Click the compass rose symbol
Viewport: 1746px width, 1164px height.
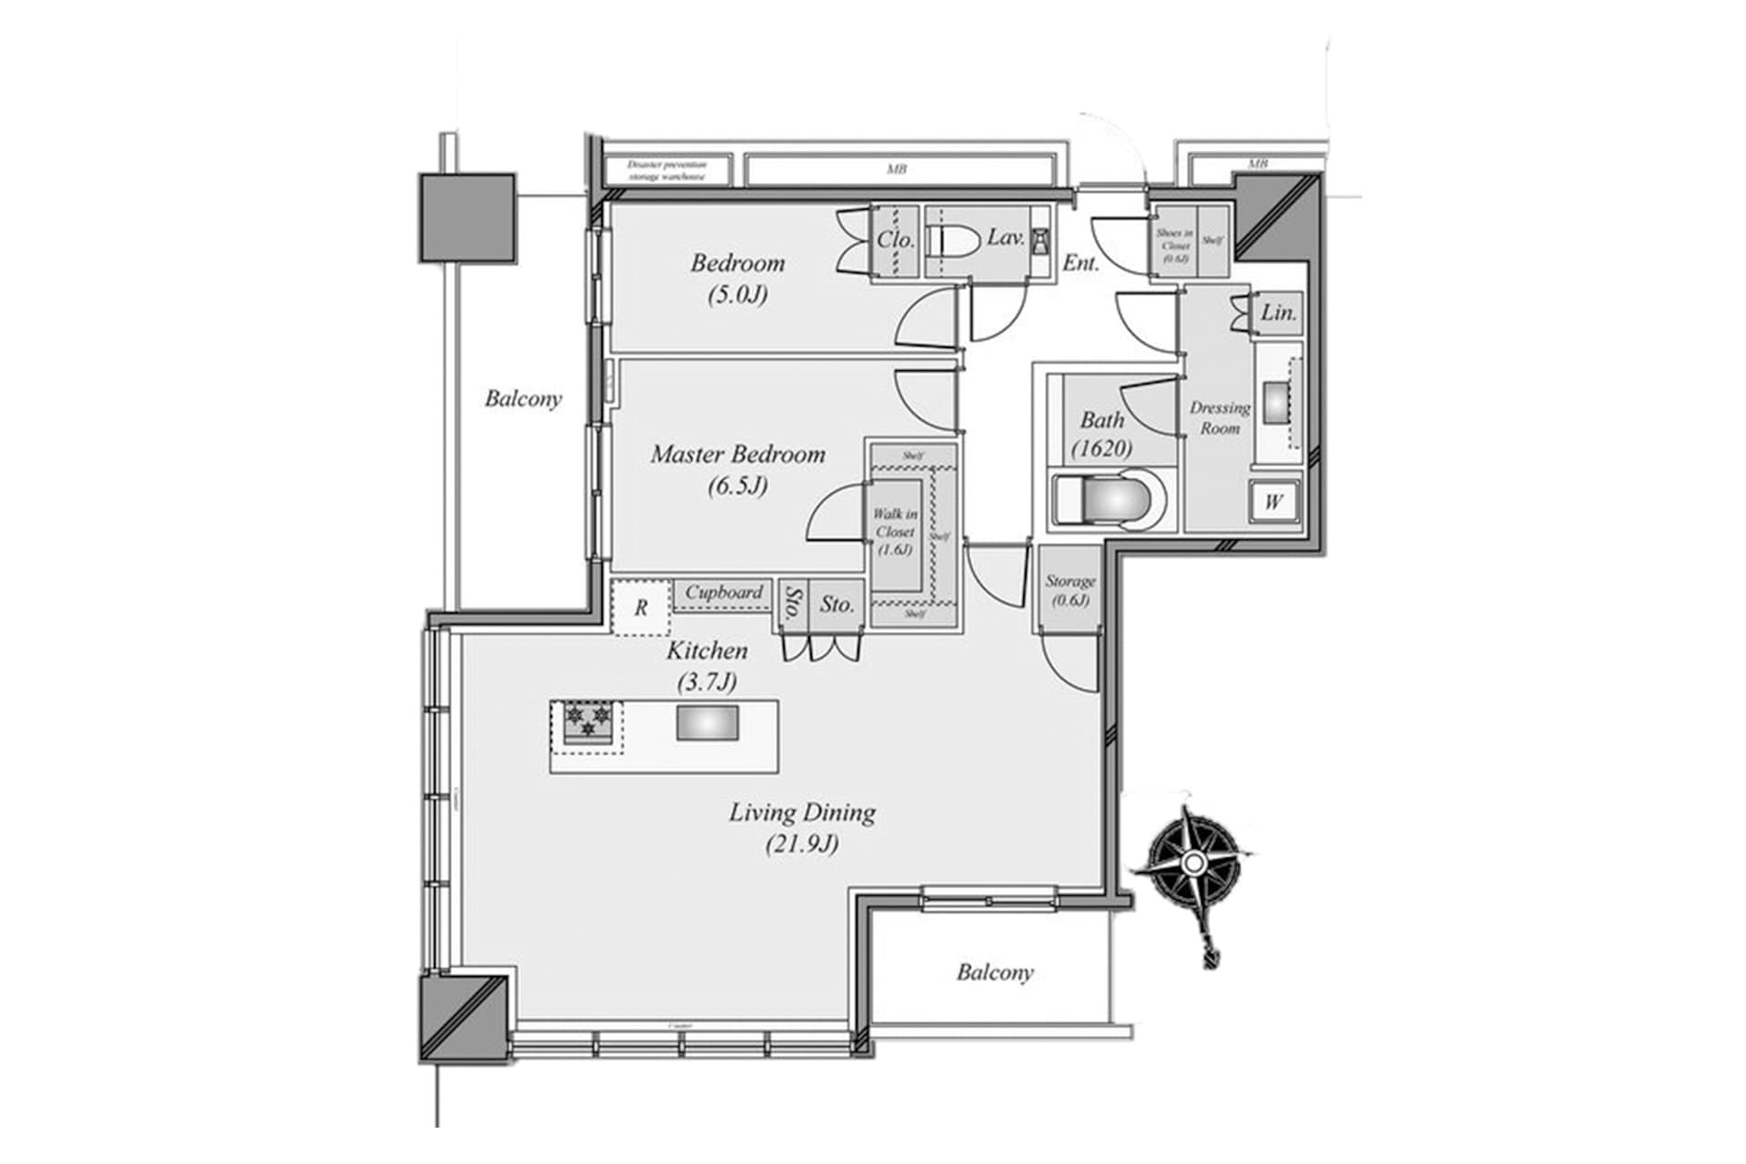(x=1194, y=861)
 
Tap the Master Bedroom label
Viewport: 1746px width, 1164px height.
(x=738, y=454)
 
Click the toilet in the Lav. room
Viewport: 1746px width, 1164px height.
(x=951, y=240)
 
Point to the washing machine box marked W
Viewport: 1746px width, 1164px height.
(x=1274, y=501)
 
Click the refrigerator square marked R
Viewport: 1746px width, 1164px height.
(x=640, y=607)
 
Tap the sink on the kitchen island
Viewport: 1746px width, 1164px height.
(x=707, y=724)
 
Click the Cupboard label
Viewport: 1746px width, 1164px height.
(x=723, y=592)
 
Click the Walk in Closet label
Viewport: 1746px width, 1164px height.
(x=895, y=531)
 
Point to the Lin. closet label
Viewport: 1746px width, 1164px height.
(x=1278, y=313)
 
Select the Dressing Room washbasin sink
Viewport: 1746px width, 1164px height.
(x=1277, y=400)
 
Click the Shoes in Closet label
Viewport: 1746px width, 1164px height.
(x=1174, y=245)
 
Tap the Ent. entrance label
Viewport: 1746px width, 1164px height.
(x=1080, y=264)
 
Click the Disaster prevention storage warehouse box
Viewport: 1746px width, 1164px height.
(x=667, y=170)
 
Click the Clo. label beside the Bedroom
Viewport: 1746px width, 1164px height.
(x=895, y=240)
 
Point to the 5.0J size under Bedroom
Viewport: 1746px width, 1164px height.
(x=738, y=295)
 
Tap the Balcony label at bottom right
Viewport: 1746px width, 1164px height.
(x=995, y=972)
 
